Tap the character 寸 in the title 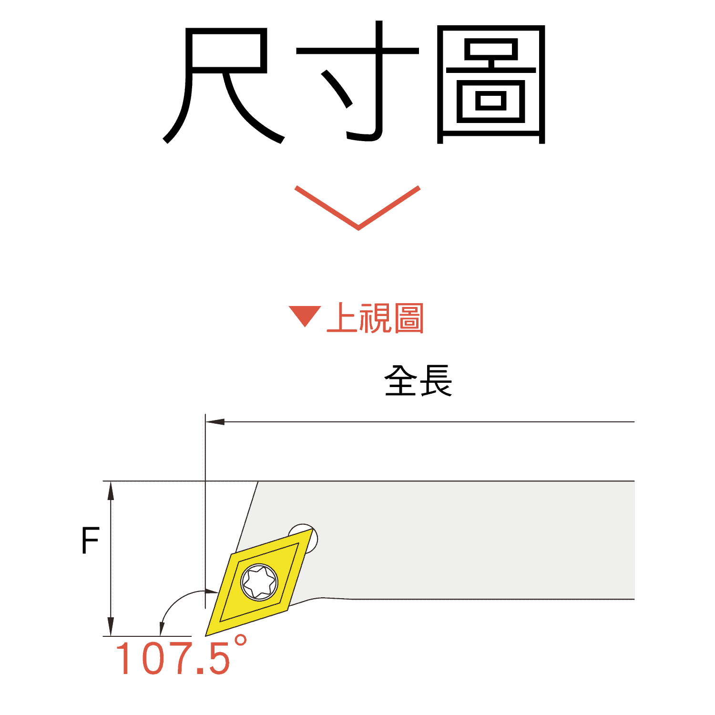click(357, 81)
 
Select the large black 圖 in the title click(491, 85)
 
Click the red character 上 click(342, 318)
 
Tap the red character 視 click(376, 318)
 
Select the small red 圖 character click(409, 318)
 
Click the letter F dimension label click(90, 541)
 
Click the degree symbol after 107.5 click(240, 640)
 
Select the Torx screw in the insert click(259, 582)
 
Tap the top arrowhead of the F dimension click(111, 490)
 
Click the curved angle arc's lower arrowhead click(162, 628)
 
